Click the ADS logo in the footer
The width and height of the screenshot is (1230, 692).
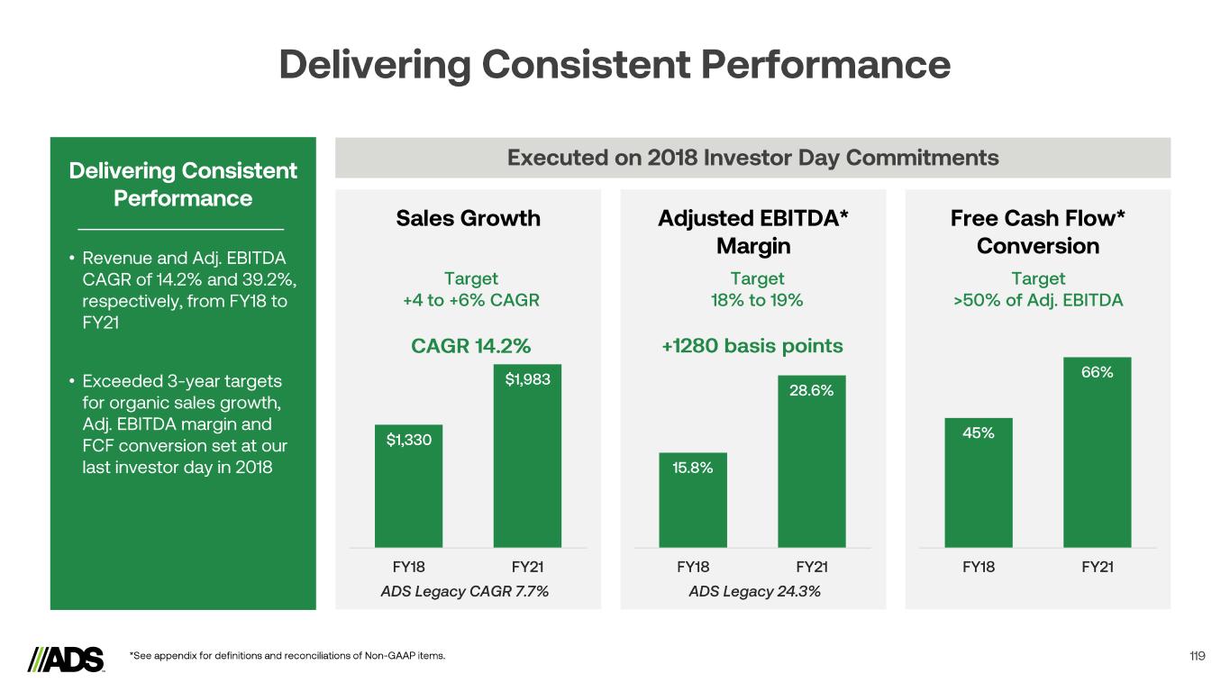coord(67,659)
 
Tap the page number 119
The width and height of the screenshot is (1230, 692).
coord(1197,656)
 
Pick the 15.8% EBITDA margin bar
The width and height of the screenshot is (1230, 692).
coord(693,500)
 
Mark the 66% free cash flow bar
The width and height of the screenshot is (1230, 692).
coord(1097,452)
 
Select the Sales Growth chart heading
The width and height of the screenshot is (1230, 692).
coord(469,218)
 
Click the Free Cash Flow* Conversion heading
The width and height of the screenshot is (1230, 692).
coord(1038,232)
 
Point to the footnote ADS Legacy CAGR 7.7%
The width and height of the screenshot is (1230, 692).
coord(465,592)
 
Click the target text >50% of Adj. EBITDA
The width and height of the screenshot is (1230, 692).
coord(1038,300)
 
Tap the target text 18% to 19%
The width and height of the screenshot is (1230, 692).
coord(756,300)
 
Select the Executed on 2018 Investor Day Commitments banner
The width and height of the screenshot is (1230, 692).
coord(752,158)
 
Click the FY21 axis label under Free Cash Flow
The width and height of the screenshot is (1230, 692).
coord(1097,567)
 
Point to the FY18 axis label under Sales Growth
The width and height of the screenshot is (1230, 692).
coord(409,567)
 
